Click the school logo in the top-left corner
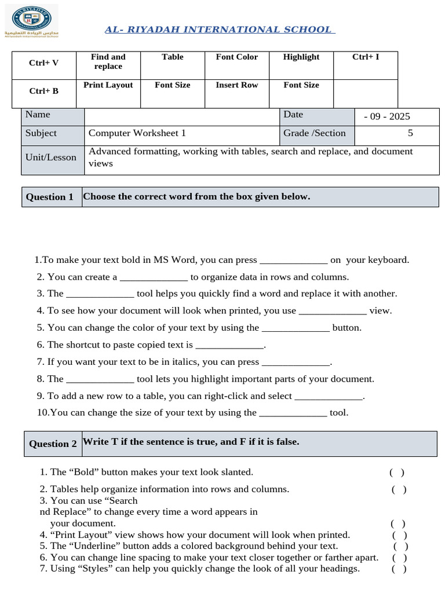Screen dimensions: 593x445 click(x=27, y=22)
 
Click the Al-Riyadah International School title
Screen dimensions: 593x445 click(x=218, y=30)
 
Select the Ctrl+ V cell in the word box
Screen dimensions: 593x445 click(x=44, y=63)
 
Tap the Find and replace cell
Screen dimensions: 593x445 click(x=108, y=61)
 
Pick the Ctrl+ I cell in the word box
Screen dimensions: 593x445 click(x=366, y=57)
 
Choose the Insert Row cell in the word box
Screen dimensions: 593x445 click(x=236, y=85)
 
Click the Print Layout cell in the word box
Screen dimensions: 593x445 click(x=108, y=85)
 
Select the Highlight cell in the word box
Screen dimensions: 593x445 click(x=301, y=57)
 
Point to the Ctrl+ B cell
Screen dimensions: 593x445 click(x=44, y=91)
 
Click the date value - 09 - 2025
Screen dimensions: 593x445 click(x=386, y=116)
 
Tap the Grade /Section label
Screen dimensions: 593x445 click(x=314, y=133)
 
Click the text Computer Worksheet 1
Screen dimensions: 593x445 click(x=137, y=133)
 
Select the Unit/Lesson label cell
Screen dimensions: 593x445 click(x=51, y=158)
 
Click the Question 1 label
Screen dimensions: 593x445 click(x=50, y=197)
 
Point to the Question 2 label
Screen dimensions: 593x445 click(x=53, y=444)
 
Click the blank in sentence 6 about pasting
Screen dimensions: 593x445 click(x=229, y=345)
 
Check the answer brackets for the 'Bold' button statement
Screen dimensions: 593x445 click(x=397, y=473)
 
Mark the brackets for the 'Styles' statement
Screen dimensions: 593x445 click(x=399, y=569)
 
